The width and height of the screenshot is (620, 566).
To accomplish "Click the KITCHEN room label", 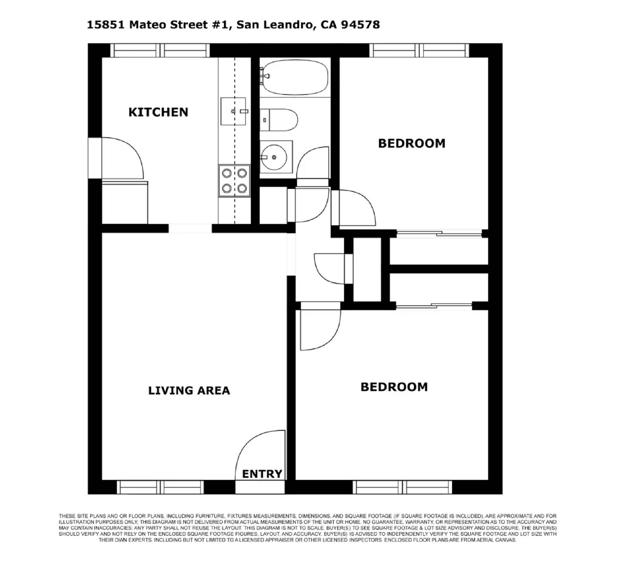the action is [x=158, y=112].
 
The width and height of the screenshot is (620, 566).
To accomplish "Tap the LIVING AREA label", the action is [x=189, y=391].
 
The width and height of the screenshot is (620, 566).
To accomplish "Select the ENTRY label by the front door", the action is [x=262, y=474].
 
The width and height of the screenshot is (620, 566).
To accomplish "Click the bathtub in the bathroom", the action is [x=294, y=77].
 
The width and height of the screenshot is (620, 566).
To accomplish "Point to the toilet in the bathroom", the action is [x=279, y=120].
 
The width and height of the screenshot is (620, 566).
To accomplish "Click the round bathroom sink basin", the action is [x=274, y=157].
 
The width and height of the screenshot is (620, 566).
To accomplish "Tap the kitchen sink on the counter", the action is [x=233, y=111].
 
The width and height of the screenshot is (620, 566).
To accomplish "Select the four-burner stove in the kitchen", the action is [x=234, y=181].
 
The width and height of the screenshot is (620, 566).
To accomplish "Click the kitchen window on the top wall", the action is [x=160, y=50].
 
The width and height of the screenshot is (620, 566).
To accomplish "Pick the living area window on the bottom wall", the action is [x=160, y=487].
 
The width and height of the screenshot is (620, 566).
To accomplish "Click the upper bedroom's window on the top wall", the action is [x=419, y=50].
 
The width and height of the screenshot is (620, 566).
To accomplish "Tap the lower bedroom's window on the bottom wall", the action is [x=402, y=487].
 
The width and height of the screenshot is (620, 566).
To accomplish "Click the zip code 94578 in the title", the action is [x=360, y=25].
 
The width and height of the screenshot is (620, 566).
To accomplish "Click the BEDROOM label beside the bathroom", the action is [x=412, y=143].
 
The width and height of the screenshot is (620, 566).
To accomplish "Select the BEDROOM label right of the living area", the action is [x=394, y=387].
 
